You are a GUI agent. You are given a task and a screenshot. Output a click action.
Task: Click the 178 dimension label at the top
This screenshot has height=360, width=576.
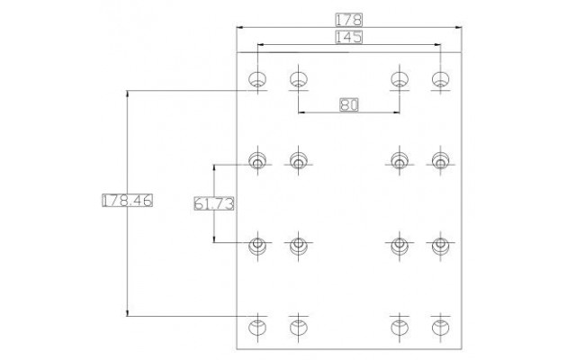click(348, 20)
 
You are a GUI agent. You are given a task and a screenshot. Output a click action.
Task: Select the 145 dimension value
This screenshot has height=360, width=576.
click(348, 37)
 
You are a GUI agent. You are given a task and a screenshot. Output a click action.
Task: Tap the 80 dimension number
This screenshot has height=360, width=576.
click(348, 105)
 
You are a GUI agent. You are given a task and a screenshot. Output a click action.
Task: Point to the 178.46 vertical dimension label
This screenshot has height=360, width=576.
click(127, 200)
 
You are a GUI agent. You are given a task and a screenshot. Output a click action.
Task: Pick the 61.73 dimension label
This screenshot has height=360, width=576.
click(214, 203)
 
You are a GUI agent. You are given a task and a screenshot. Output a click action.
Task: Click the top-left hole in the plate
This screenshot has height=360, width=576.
click(257, 79)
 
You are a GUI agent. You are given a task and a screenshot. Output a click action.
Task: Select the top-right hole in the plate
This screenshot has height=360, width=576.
click(440, 79)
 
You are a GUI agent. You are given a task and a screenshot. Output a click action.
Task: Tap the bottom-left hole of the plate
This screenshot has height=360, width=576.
click(257, 327)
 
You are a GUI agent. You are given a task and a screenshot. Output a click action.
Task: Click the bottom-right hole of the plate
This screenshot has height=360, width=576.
click(440, 327)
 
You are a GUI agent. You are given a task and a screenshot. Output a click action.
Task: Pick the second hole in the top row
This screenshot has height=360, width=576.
click(299, 79)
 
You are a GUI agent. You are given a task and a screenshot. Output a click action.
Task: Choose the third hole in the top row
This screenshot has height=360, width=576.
click(400, 79)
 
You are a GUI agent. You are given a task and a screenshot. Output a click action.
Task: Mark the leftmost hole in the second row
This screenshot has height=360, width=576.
click(257, 161)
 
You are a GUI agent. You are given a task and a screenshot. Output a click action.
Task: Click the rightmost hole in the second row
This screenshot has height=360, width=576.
click(440, 161)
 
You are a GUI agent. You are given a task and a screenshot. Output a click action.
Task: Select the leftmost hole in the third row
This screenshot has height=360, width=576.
click(257, 246)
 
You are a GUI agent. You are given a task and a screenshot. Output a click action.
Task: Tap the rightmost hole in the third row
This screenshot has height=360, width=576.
click(440, 246)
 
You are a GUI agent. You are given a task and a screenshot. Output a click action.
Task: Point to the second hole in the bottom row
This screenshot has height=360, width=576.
click(299, 327)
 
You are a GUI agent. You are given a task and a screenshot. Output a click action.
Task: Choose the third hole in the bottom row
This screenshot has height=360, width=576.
click(400, 327)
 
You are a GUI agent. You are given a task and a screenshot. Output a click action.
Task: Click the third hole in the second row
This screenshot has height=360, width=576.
click(400, 161)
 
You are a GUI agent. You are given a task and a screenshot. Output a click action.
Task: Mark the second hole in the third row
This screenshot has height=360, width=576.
click(299, 246)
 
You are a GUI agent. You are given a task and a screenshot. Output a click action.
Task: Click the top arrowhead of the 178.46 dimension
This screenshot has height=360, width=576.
click(127, 93)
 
